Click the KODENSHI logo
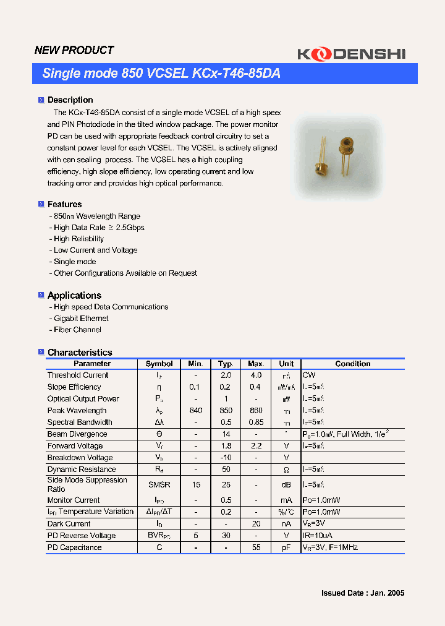[x=351, y=54]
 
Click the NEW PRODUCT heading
[x=74, y=50]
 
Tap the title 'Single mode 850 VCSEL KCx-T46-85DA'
[x=161, y=74]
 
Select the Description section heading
[x=70, y=100]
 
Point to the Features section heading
[x=64, y=204]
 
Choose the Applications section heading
[x=74, y=295]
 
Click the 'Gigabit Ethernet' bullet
[x=81, y=319]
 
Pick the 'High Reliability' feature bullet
[x=78, y=239]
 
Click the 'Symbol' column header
[x=159, y=364]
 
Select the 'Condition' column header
[x=352, y=364]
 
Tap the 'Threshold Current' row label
[x=78, y=375]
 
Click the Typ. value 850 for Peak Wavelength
[x=226, y=410]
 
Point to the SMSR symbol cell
[x=159, y=484]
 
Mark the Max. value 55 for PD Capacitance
[x=256, y=547]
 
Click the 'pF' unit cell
[x=286, y=547]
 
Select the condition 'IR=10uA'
[x=318, y=536]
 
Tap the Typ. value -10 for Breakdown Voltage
[x=226, y=458]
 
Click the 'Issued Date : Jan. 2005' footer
[x=363, y=593]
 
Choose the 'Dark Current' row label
[x=69, y=524]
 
